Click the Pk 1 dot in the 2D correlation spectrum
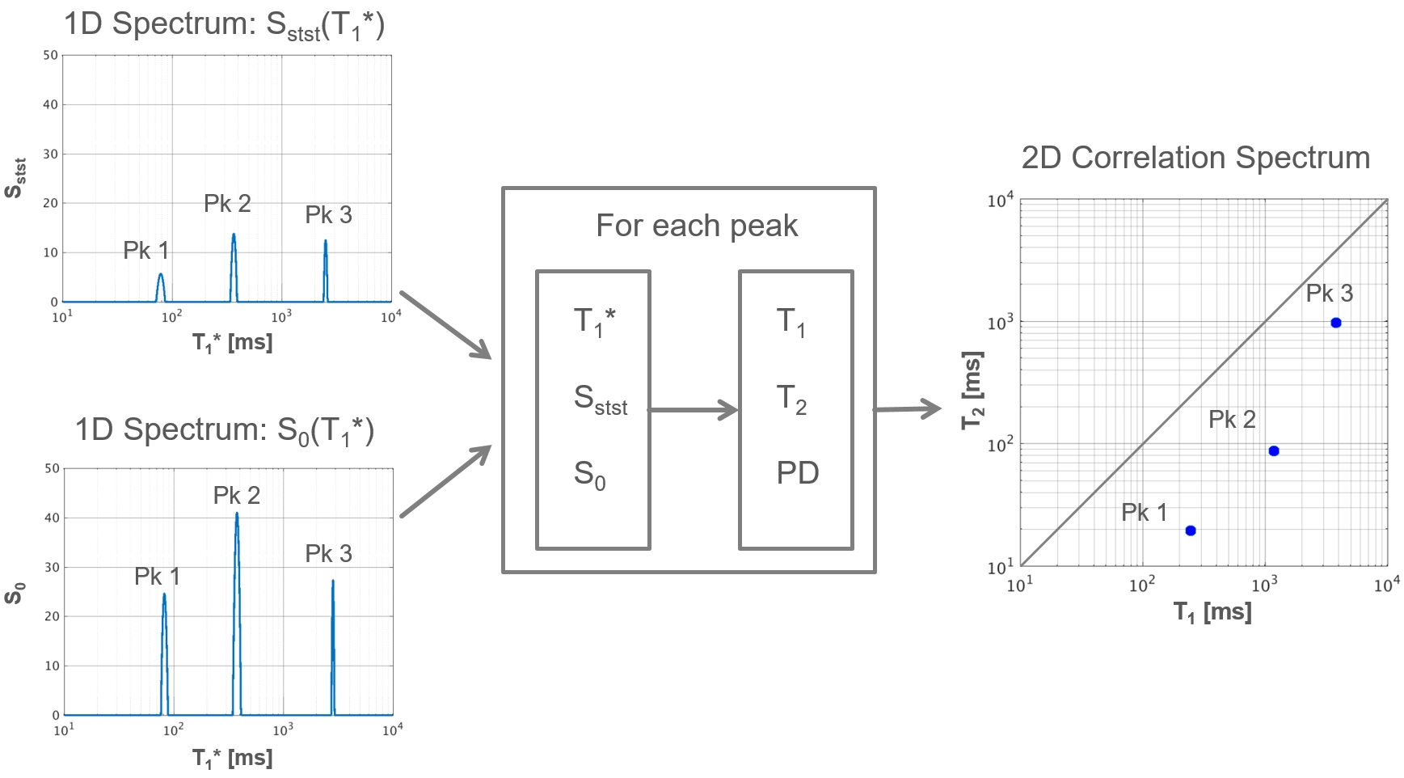pos(1190,531)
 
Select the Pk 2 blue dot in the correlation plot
pos(1274,451)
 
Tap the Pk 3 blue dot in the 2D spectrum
pos(1336,323)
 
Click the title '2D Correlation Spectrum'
pos(1195,158)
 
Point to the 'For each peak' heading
pos(697,226)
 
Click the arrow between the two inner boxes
pos(694,410)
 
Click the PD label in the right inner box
pos(798,473)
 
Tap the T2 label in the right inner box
pos(791,399)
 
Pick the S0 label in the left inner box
pos(589,475)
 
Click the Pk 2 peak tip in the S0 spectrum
pos(237,515)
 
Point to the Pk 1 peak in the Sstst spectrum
pos(161,277)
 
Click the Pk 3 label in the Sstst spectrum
pos(328,215)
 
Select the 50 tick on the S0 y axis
pos(53,468)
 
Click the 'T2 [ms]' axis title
pos(972,391)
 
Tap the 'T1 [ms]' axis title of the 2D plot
pos(1212,612)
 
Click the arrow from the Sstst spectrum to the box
pos(445,324)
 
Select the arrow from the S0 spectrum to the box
pos(445,481)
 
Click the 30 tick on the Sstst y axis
pos(51,154)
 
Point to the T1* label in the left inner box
pos(594,322)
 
